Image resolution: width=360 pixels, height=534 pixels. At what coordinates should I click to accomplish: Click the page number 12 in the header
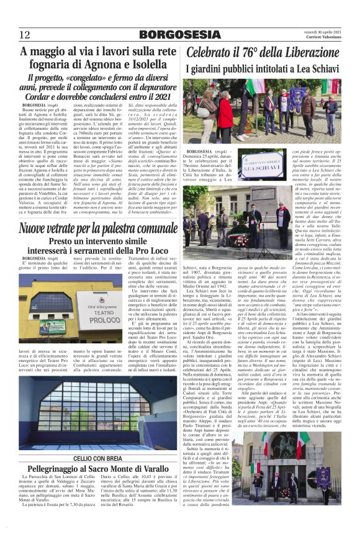24,34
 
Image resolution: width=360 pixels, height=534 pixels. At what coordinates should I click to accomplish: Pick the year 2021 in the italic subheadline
157,97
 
